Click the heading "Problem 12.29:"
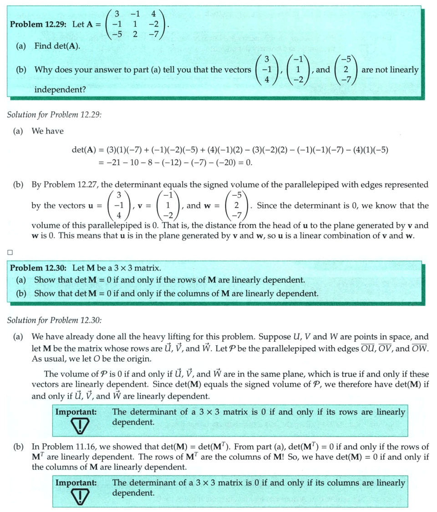point(39,24)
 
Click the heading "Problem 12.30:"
point(39,267)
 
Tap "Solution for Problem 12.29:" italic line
point(54,114)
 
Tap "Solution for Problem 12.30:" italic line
point(54,320)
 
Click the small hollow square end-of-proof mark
point(10,251)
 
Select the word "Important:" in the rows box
point(76,412)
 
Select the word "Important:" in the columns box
point(76,482)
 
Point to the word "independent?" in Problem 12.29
point(60,90)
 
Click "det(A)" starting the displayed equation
point(83,150)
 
